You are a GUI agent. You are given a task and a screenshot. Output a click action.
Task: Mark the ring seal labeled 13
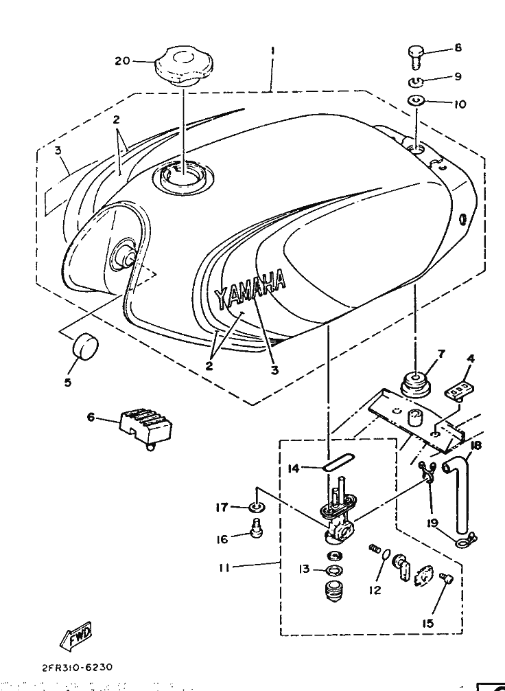point(335,570)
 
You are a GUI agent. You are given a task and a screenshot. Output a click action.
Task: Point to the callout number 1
point(272,50)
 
